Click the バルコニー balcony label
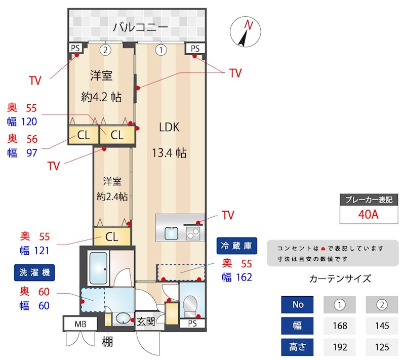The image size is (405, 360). coord(140,26)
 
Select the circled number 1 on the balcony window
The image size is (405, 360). coord(161,50)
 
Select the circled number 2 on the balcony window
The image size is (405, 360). coord(105,50)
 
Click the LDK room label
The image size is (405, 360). coord(169,128)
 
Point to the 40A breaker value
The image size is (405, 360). coord(368,214)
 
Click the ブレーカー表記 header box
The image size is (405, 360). coord(368,199)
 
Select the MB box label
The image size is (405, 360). coord(80,324)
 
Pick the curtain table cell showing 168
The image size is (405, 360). coord(340,326)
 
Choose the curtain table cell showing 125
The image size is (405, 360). coord(382,347)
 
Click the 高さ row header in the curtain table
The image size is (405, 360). coord(298,347)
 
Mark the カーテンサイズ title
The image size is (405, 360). coord(340,278)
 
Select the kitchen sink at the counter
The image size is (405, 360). coord(172,233)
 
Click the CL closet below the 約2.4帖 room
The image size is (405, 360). coord(112,237)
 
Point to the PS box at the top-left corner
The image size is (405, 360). coord(76,48)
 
